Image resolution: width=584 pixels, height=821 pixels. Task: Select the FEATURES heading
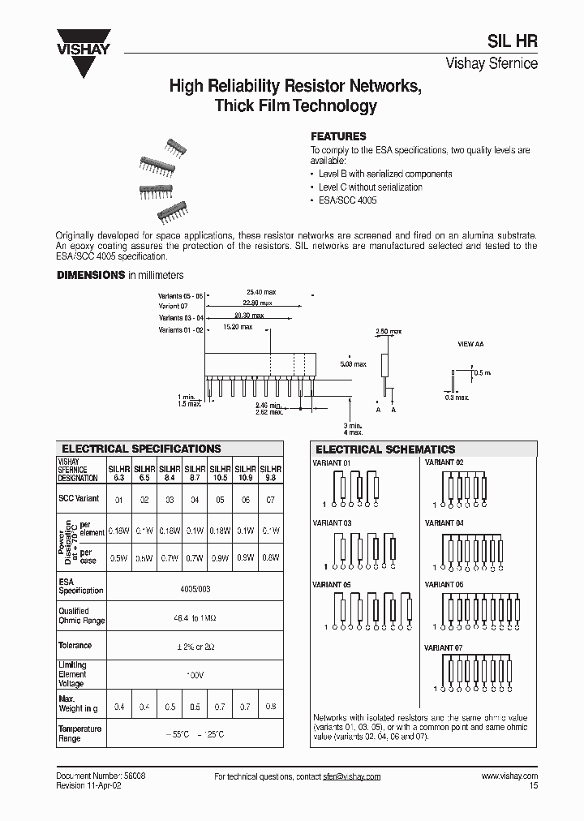tap(339, 136)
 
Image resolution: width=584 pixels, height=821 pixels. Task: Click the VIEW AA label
tap(470, 344)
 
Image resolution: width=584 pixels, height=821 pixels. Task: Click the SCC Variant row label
tap(79, 499)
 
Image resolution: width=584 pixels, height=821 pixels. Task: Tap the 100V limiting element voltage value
tap(195, 674)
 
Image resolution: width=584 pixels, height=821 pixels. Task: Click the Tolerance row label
tap(75, 646)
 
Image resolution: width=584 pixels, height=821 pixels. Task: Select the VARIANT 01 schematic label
tap(332, 462)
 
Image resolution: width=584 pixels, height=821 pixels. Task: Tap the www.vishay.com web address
tap(509, 776)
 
